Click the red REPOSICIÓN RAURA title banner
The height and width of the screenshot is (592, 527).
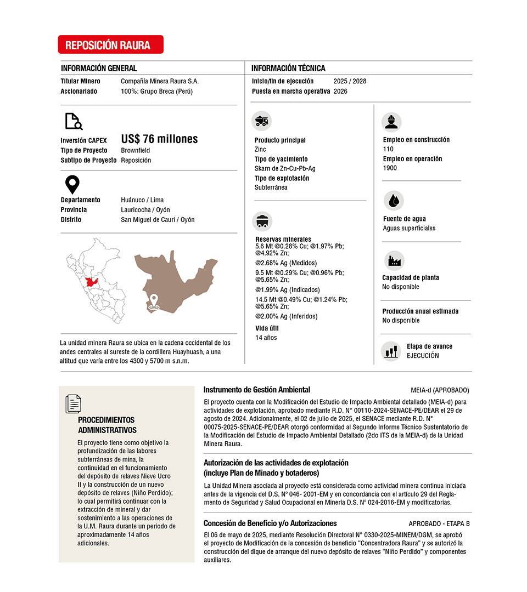(110, 45)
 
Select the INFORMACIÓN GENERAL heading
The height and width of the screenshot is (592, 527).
(99, 69)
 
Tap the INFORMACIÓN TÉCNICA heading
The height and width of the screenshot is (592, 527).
(288, 69)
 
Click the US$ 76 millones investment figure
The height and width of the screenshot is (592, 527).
(159, 139)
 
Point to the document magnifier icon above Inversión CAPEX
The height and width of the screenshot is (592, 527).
(73, 121)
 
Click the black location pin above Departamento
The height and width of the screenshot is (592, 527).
(72, 185)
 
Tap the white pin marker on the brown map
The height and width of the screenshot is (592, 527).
(154, 301)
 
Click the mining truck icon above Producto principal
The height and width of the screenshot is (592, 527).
(262, 120)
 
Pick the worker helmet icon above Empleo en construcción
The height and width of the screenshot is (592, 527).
(391, 122)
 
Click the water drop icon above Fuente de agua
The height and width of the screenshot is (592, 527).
(393, 201)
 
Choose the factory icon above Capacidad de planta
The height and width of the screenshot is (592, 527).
(394, 261)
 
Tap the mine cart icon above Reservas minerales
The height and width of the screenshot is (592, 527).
(262, 220)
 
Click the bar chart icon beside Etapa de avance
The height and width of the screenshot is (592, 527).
(391, 351)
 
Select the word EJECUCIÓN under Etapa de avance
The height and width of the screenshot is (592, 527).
(423, 356)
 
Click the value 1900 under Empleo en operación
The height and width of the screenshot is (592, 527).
(390, 168)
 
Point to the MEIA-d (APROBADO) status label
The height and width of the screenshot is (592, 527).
(440, 390)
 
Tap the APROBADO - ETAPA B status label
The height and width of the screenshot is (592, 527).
(439, 523)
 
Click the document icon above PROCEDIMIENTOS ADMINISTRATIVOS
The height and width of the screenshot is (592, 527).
(73, 403)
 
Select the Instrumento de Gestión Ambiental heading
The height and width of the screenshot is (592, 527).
(256, 390)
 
